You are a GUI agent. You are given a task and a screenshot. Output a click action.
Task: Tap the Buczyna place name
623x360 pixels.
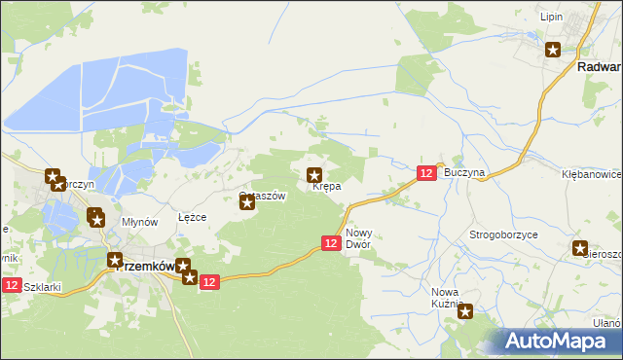(463, 172)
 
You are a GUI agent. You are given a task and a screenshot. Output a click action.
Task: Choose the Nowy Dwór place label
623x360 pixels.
(359, 238)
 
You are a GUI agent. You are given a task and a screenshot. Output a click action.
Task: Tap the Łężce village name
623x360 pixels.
(192, 217)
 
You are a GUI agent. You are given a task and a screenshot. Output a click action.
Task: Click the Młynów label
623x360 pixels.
(139, 222)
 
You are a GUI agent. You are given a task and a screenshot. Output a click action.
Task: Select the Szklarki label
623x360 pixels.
(42, 287)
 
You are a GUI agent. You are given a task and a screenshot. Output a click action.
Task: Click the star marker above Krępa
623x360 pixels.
(315, 176)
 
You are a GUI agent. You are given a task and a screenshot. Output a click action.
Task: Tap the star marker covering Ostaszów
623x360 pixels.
(247, 202)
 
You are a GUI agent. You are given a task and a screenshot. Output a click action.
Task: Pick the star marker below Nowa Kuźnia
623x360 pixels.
(465, 312)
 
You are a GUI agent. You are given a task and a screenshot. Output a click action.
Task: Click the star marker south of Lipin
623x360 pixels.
(553, 51)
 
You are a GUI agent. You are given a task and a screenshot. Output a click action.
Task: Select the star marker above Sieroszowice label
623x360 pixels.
(580, 248)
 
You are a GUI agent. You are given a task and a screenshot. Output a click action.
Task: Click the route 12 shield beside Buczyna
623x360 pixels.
(426, 172)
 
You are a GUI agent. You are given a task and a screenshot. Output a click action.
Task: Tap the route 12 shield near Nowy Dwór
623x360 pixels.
(330, 243)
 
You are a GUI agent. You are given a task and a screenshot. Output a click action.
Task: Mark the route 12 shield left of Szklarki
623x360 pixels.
(11, 285)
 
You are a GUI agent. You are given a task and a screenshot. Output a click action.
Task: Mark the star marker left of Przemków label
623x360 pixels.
(114, 261)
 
